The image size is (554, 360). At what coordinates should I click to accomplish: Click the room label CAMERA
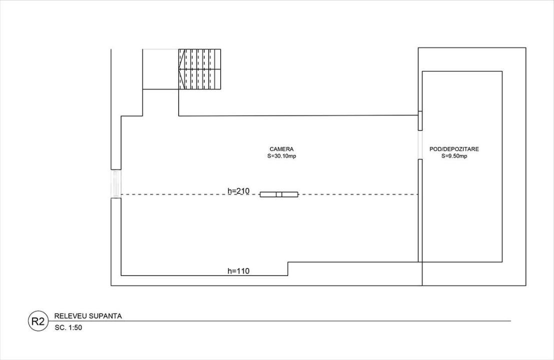281,149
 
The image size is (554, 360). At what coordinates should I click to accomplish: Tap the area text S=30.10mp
282,156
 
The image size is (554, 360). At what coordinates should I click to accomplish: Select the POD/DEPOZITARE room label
454,149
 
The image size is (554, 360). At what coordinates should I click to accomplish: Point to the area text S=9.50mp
454,156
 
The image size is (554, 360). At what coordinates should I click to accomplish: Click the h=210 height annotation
239,191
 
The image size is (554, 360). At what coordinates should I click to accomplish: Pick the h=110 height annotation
239,271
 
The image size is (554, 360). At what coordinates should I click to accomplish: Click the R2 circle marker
38,321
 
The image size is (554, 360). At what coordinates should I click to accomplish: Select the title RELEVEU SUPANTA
88,316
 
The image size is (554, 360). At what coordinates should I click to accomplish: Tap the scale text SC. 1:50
68,327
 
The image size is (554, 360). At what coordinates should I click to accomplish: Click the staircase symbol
200,69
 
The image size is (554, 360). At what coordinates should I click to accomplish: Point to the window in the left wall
116,183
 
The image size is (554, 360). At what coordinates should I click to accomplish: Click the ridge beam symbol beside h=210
279,194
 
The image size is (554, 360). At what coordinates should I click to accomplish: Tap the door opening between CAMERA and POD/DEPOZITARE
420,144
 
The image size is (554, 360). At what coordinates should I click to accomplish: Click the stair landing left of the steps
161,69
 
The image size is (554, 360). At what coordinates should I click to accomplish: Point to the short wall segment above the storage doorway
420,120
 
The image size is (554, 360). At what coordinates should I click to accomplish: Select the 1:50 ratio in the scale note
75,327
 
